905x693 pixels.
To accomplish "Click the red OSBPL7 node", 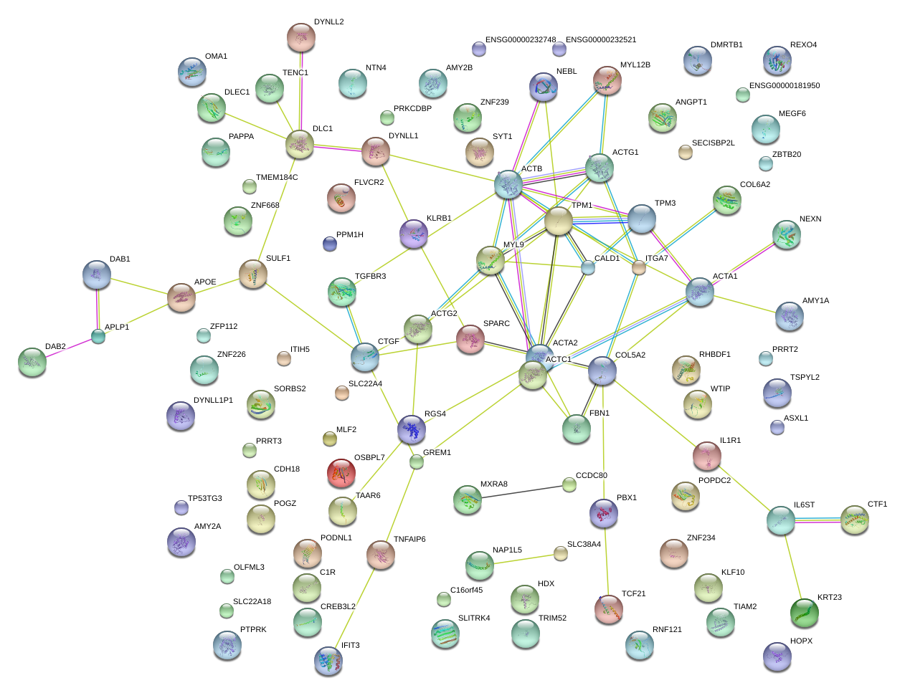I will (x=341, y=472).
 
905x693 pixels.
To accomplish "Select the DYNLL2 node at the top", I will (x=300, y=37).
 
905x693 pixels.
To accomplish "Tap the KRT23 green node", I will (x=804, y=611).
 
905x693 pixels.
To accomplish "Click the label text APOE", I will (x=205, y=282).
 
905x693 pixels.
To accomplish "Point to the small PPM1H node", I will (x=329, y=244).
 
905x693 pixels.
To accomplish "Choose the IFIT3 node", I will (x=328, y=661).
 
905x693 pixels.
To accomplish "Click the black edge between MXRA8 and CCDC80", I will (x=518, y=492).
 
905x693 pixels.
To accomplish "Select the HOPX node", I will (x=777, y=656).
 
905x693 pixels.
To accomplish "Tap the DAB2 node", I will (x=32, y=362).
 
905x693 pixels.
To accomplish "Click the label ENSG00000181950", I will (x=784, y=85).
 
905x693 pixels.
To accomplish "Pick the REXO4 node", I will (x=777, y=60).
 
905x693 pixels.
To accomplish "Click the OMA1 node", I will (x=191, y=72).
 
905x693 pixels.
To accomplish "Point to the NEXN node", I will (x=786, y=234).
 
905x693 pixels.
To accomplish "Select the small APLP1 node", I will (x=98, y=335).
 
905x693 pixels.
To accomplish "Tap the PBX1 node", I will (x=603, y=512).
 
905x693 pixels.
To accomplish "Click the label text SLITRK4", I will (x=473, y=618).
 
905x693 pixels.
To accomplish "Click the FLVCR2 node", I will (x=341, y=198).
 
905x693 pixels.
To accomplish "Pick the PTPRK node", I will (x=227, y=645).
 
